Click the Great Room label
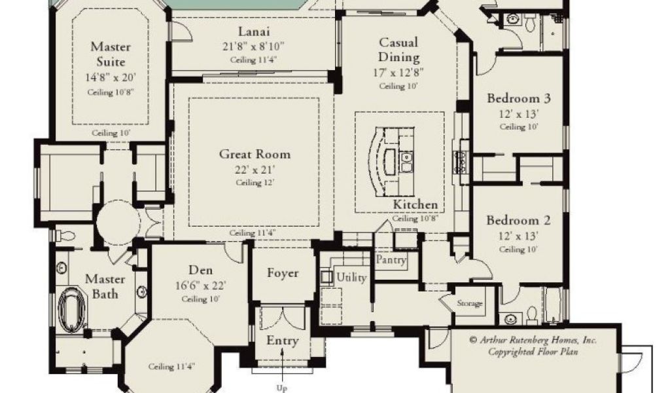click(x=255, y=154)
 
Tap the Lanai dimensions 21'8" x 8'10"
click(x=253, y=47)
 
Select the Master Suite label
click(x=111, y=54)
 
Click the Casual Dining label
click(x=398, y=50)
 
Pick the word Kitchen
click(x=415, y=204)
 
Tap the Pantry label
click(x=391, y=260)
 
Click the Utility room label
click(x=351, y=278)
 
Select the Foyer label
click(x=283, y=273)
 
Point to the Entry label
click(x=283, y=341)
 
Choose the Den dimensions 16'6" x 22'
click(x=200, y=285)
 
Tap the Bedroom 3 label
click(x=519, y=98)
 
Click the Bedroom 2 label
click(x=518, y=221)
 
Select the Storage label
click(x=470, y=303)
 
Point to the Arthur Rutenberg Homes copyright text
click(x=533, y=346)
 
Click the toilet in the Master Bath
click(x=65, y=236)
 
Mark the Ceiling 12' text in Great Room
click(x=255, y=183)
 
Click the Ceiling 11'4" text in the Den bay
click(x=172, y=367)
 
